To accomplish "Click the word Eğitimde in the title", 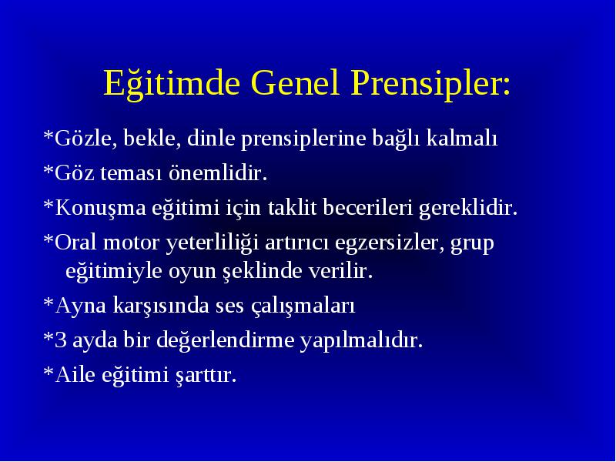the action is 172,83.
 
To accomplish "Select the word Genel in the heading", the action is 295,82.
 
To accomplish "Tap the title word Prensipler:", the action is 430,84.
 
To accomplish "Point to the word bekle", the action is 152,138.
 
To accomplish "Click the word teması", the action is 131,173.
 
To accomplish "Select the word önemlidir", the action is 218,172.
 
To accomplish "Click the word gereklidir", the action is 468,208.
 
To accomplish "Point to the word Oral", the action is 75,242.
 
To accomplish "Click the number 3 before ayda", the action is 61,340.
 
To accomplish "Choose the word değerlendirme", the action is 226,340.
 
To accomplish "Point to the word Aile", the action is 75,374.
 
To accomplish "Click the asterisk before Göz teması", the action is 49,169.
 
